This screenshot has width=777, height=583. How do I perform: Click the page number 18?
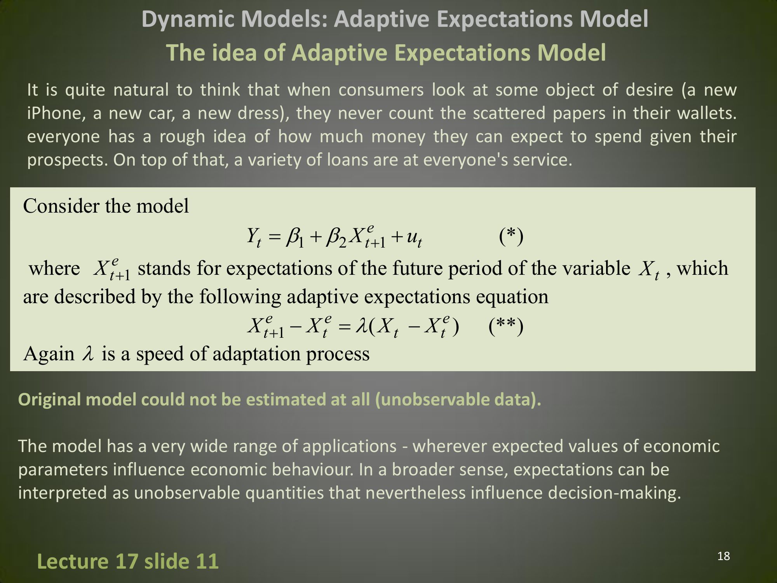tap(723, 556)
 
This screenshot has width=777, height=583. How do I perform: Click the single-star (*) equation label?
tap(511, 236)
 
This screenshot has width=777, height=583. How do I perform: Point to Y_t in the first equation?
tap(254, 236)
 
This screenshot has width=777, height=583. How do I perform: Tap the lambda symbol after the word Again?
tap(88, 354)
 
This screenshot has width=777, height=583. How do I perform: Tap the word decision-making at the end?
tap(615, 493)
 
